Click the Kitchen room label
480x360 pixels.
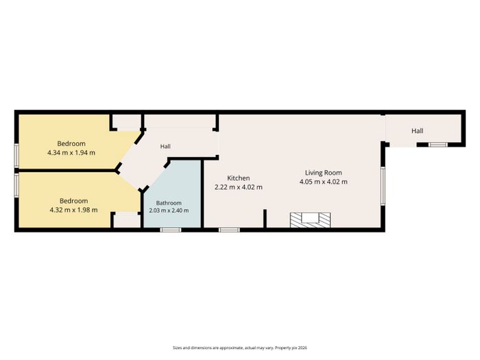(x=239, y=178)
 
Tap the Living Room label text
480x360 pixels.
(x=323, y=173)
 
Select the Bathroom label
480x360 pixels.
(x=169, y=203)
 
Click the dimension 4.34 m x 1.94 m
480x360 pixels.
(x=71, y=152)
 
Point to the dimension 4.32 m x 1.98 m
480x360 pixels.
(x=74, y=210)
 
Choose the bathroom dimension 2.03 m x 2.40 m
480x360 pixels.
(x=169, y=211)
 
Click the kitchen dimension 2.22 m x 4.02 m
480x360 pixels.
(x=239, y=187)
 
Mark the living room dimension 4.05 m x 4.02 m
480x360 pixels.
(x=323, y=182)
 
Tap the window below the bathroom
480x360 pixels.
(x=171, y=230)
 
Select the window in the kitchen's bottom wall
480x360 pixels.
(x=229, y=230)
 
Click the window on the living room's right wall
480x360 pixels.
(x=383, y=186)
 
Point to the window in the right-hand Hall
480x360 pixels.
(x=437, y=145)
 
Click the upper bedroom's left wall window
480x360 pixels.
(x=16, y=156)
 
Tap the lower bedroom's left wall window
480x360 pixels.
(x=16, y=185)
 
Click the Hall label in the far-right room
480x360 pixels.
(x=417, y=131)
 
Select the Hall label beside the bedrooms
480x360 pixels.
(x=165, y=146)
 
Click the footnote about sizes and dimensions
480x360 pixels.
(x=240, y=348)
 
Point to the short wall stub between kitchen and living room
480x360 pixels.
(x=265, y=219)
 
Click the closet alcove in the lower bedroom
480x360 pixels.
(x=127, y=220)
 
